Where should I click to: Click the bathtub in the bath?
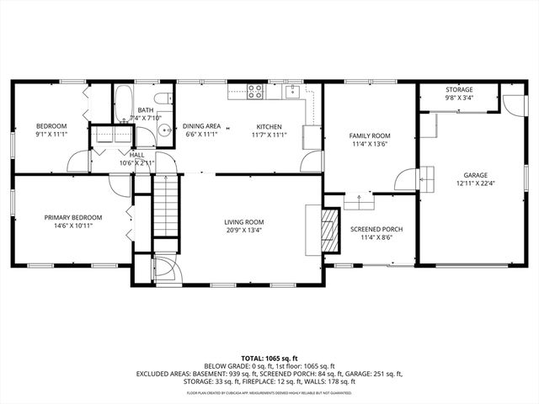pyautogui.click(x=123, y=104)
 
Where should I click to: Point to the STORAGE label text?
pyautogui.click(x=459, y=90)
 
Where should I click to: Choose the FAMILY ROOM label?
pyautogui.click(x=371, y=136)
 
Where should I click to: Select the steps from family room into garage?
pyautogui.click(x=425, y=178)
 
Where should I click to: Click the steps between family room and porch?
pyautogui.click(x=358, y=201)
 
